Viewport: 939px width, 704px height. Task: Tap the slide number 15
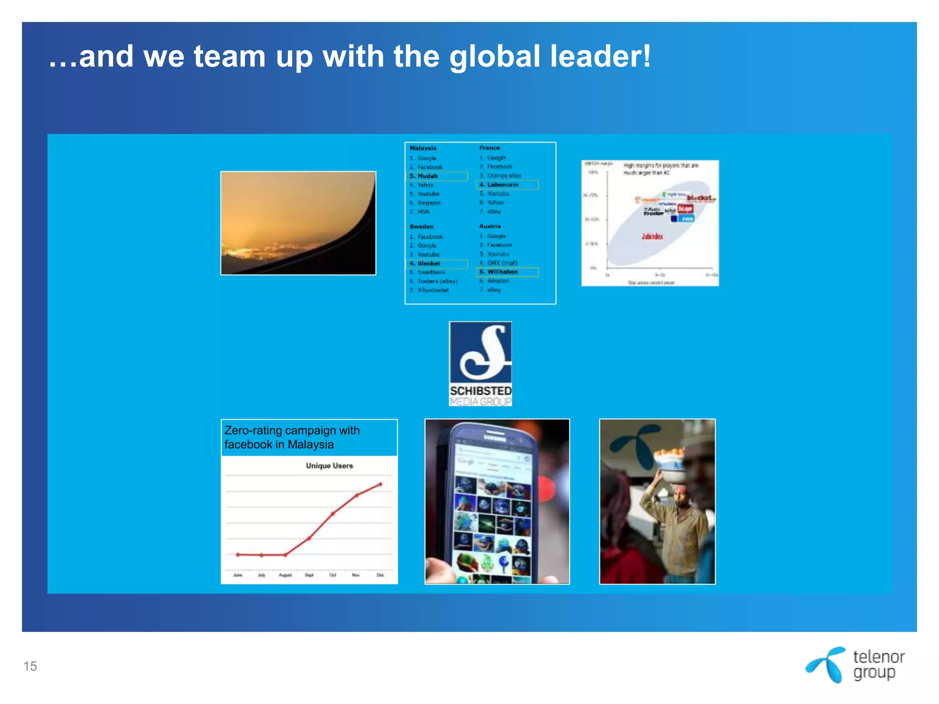(30, 666)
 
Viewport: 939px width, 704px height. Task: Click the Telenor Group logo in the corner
(855, 665)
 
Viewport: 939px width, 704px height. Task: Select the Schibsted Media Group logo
(481, 363)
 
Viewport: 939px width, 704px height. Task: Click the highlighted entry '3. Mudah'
(428, 176)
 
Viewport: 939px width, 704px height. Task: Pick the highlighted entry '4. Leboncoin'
(503, 185)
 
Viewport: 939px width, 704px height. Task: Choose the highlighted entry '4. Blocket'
(429, 264)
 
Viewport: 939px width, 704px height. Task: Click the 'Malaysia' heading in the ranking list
(423, 148)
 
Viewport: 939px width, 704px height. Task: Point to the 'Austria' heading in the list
(490, 226)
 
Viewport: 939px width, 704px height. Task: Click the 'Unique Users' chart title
(329, 466)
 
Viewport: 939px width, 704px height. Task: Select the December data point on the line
(380, 484)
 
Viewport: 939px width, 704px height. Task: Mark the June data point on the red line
(238, 555)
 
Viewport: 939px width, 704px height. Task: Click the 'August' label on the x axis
(285, 575)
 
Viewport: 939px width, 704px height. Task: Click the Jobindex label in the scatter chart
(652, 236)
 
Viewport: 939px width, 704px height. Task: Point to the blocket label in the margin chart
(700, 198)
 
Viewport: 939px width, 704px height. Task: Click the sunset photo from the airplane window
(298, 223)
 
